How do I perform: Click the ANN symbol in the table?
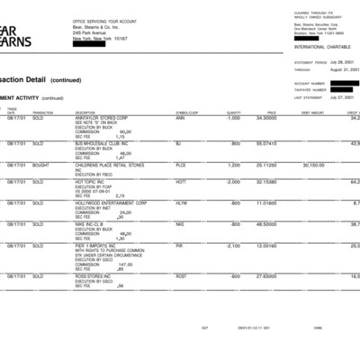pos(180,118)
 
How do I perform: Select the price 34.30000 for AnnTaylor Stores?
pos(265,118)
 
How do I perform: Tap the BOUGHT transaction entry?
pos(41,165)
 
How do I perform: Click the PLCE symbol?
pos(181,165)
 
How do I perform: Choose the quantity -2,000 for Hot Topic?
pos(232,182)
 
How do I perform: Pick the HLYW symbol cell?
pos(181,202)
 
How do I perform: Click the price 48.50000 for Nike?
pos(265,223)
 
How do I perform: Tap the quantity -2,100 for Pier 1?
pos(232,244)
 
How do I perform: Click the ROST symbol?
pos(181,274)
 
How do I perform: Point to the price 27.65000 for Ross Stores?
pos(265,274)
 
